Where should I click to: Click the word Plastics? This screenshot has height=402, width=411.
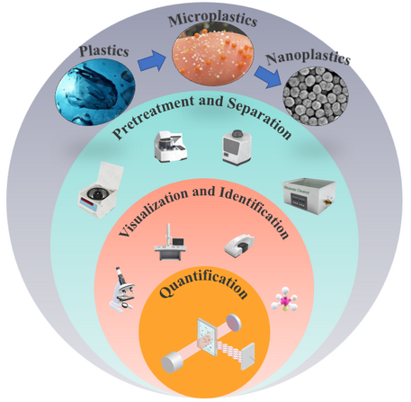(104, 50)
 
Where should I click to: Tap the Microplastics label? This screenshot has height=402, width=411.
(213, 19)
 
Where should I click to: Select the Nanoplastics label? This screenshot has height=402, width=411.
(308, 58)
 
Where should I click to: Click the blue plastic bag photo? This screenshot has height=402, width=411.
(95, 92)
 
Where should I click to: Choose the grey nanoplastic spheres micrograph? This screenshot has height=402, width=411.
(316, 96)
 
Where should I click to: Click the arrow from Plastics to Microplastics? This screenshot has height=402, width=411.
(152, 61)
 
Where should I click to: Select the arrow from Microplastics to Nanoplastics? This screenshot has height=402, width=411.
(268, 77)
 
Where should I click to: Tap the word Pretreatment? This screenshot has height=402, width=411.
(154, 117)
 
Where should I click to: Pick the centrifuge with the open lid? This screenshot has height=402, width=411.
(101, 190)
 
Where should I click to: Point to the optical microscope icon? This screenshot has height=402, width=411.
(122, 290)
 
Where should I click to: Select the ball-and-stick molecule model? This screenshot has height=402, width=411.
(284, 302)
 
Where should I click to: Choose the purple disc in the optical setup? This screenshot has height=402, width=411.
(234, 322)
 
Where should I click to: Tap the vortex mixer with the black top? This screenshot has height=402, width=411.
(237, 147)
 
